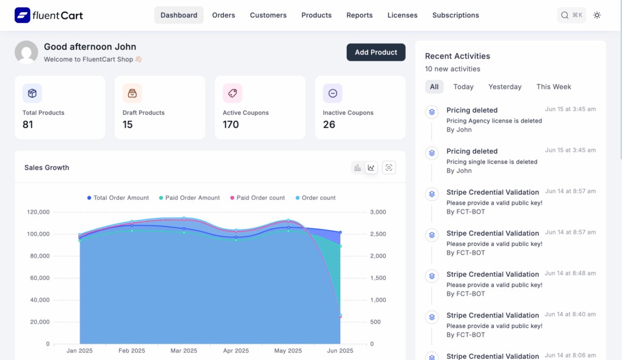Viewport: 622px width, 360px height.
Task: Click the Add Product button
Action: point(375,52)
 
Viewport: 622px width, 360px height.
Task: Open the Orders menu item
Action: point(224,15)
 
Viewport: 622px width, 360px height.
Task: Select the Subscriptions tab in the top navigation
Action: point(455,15)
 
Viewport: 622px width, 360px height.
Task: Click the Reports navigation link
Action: point(359,15)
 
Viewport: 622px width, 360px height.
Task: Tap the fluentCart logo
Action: point(49,15)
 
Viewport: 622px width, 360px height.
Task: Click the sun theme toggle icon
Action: point(597,15)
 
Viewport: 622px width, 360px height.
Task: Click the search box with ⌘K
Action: point(572,15)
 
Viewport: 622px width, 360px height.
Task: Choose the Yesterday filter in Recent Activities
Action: point(504,87)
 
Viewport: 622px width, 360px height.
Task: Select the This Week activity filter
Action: point(553,87)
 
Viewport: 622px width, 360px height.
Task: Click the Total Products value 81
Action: point(28,124)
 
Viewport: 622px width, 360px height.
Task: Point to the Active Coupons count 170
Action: point(231,124)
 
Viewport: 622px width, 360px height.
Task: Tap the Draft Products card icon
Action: point(132,93)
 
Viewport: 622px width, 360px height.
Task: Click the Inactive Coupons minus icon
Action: point(332,93)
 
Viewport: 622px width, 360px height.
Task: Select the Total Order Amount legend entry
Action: point(118,198)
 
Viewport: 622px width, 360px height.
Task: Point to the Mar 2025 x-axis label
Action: point(184,351)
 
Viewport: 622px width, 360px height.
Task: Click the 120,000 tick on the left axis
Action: point(38,212)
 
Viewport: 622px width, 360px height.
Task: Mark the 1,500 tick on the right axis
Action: point(377,278)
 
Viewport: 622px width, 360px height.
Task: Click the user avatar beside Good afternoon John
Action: point(26,52)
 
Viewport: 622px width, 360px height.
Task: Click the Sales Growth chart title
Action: point(47,168)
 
